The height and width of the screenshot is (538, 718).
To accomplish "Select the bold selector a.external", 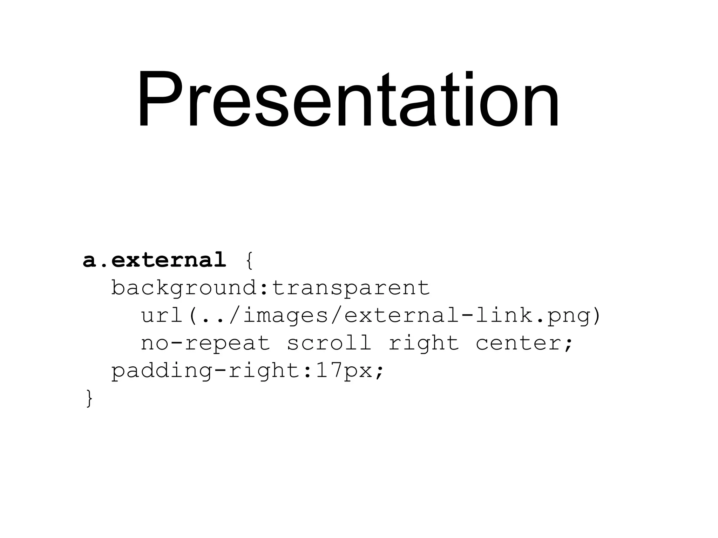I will point(155,260).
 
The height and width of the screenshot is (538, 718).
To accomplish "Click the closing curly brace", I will point(89,399).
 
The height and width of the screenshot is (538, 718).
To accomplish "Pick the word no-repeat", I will point(205,343).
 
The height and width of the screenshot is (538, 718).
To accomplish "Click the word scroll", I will point(329,343).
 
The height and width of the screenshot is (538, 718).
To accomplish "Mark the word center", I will point(519,343).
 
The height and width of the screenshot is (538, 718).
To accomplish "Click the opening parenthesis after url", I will point(193,316).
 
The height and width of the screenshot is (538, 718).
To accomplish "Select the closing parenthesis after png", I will point(596,316).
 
